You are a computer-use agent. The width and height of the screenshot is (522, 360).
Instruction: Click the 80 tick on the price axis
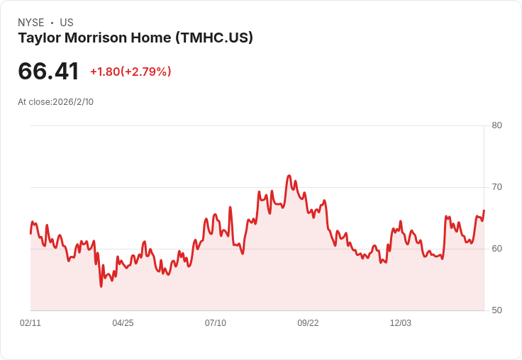pyautogui.click(x=496, y=125)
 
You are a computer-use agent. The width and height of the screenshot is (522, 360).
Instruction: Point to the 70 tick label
pyautogui.click(x=496, y=187)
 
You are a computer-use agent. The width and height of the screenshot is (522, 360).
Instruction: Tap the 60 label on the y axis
pyautogui.click(x=496, y=249)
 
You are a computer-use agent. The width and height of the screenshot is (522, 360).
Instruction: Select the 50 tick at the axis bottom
pyautogui.click(x=496, y=310)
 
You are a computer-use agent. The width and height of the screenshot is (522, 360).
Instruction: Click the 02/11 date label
pyautogui.click(x=30, y=323)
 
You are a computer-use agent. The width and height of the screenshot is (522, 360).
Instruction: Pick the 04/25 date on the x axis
pyautogui.click(x=123, y=323)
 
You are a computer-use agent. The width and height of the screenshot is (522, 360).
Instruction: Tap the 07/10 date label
pyautogui.click(x=216, y=323)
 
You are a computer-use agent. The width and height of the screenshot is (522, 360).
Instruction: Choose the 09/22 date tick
pyautogui.click(x=308, y=323)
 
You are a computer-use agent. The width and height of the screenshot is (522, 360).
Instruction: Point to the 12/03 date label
pyautogui.click(x=401, y=323)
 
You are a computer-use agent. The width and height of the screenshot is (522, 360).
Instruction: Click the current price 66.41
pyautogui.click(x=49, y=72)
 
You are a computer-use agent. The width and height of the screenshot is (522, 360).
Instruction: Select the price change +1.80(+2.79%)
pyautogui.click(x=130, y=72)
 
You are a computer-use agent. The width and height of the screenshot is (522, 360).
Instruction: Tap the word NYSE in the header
pyautogui.click(x=31, y=23)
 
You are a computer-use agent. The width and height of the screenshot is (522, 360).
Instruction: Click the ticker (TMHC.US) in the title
pyautogui.click(x=214, y=38)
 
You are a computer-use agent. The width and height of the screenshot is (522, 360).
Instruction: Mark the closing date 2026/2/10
pyautogui.click(x=73, y=102)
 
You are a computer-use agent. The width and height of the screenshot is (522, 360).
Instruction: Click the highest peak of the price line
pyautogui.click(x=289, y=175)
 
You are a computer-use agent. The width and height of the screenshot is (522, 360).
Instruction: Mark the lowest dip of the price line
pyautogui.click(x=101, y=286)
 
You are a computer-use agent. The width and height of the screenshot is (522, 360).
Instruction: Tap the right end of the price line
pyautogui.click(x=484, y=210)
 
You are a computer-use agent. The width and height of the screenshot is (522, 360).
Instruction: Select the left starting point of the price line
pyautogui.click(x=30, y=234)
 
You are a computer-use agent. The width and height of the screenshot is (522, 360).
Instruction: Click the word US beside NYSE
pyautogui.click(x=67, y=23)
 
